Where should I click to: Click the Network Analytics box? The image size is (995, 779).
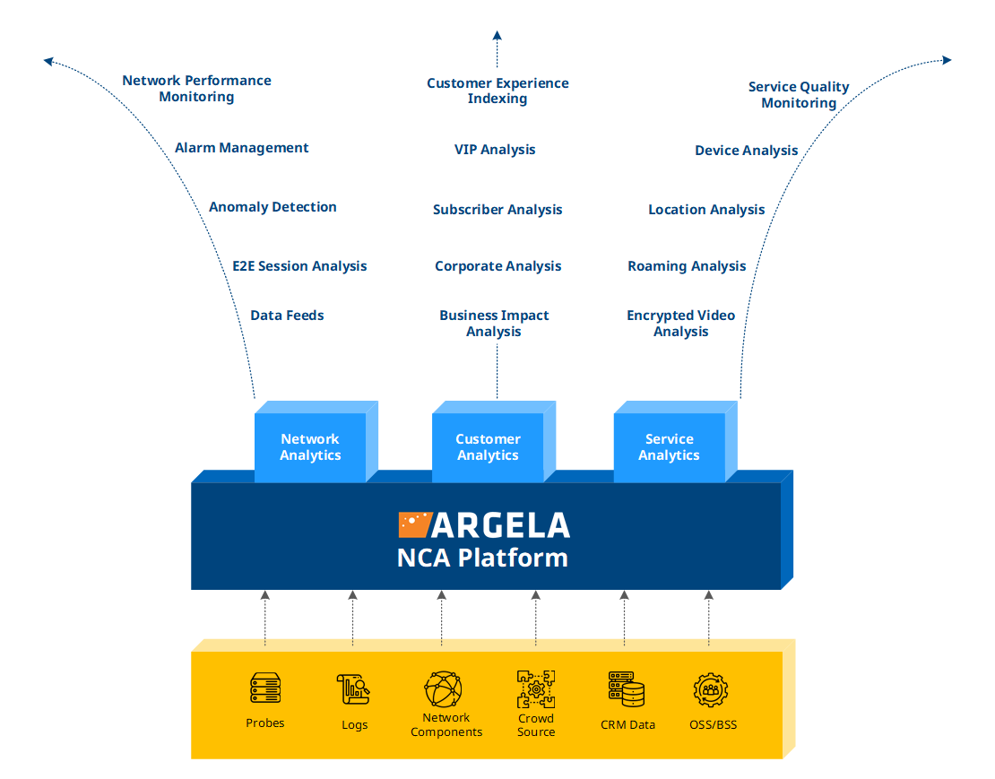[x=310, y=447]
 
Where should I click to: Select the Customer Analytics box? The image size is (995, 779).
[x=488, y=447]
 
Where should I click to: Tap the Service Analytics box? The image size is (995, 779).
[x=669, y=447]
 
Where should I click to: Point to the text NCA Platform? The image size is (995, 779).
[x=482, y=558]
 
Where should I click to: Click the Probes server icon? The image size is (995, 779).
[x=265, y=688]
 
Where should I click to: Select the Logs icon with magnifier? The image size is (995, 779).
[x=354, y=689]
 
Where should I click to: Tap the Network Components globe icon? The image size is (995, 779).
[x=444, y=689]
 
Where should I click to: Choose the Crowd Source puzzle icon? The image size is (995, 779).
[x=536, y=689]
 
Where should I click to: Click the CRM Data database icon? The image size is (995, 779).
[x=627, y=689]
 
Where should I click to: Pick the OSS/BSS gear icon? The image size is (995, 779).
[x=711, y=689]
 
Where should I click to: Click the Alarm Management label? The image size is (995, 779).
[x=241, y=148]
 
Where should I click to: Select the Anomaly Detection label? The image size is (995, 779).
[x=273, y=207]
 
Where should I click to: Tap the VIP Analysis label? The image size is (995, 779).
[x=495, y=150]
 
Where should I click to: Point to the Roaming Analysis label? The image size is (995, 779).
[x=687, y=266]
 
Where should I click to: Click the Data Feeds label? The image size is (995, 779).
[x=287, y=316]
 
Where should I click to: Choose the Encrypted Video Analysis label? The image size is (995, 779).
[x=680, y=324]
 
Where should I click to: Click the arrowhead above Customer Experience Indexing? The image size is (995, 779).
[x=497, y=36]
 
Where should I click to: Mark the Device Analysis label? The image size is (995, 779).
[x=746, y=151]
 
